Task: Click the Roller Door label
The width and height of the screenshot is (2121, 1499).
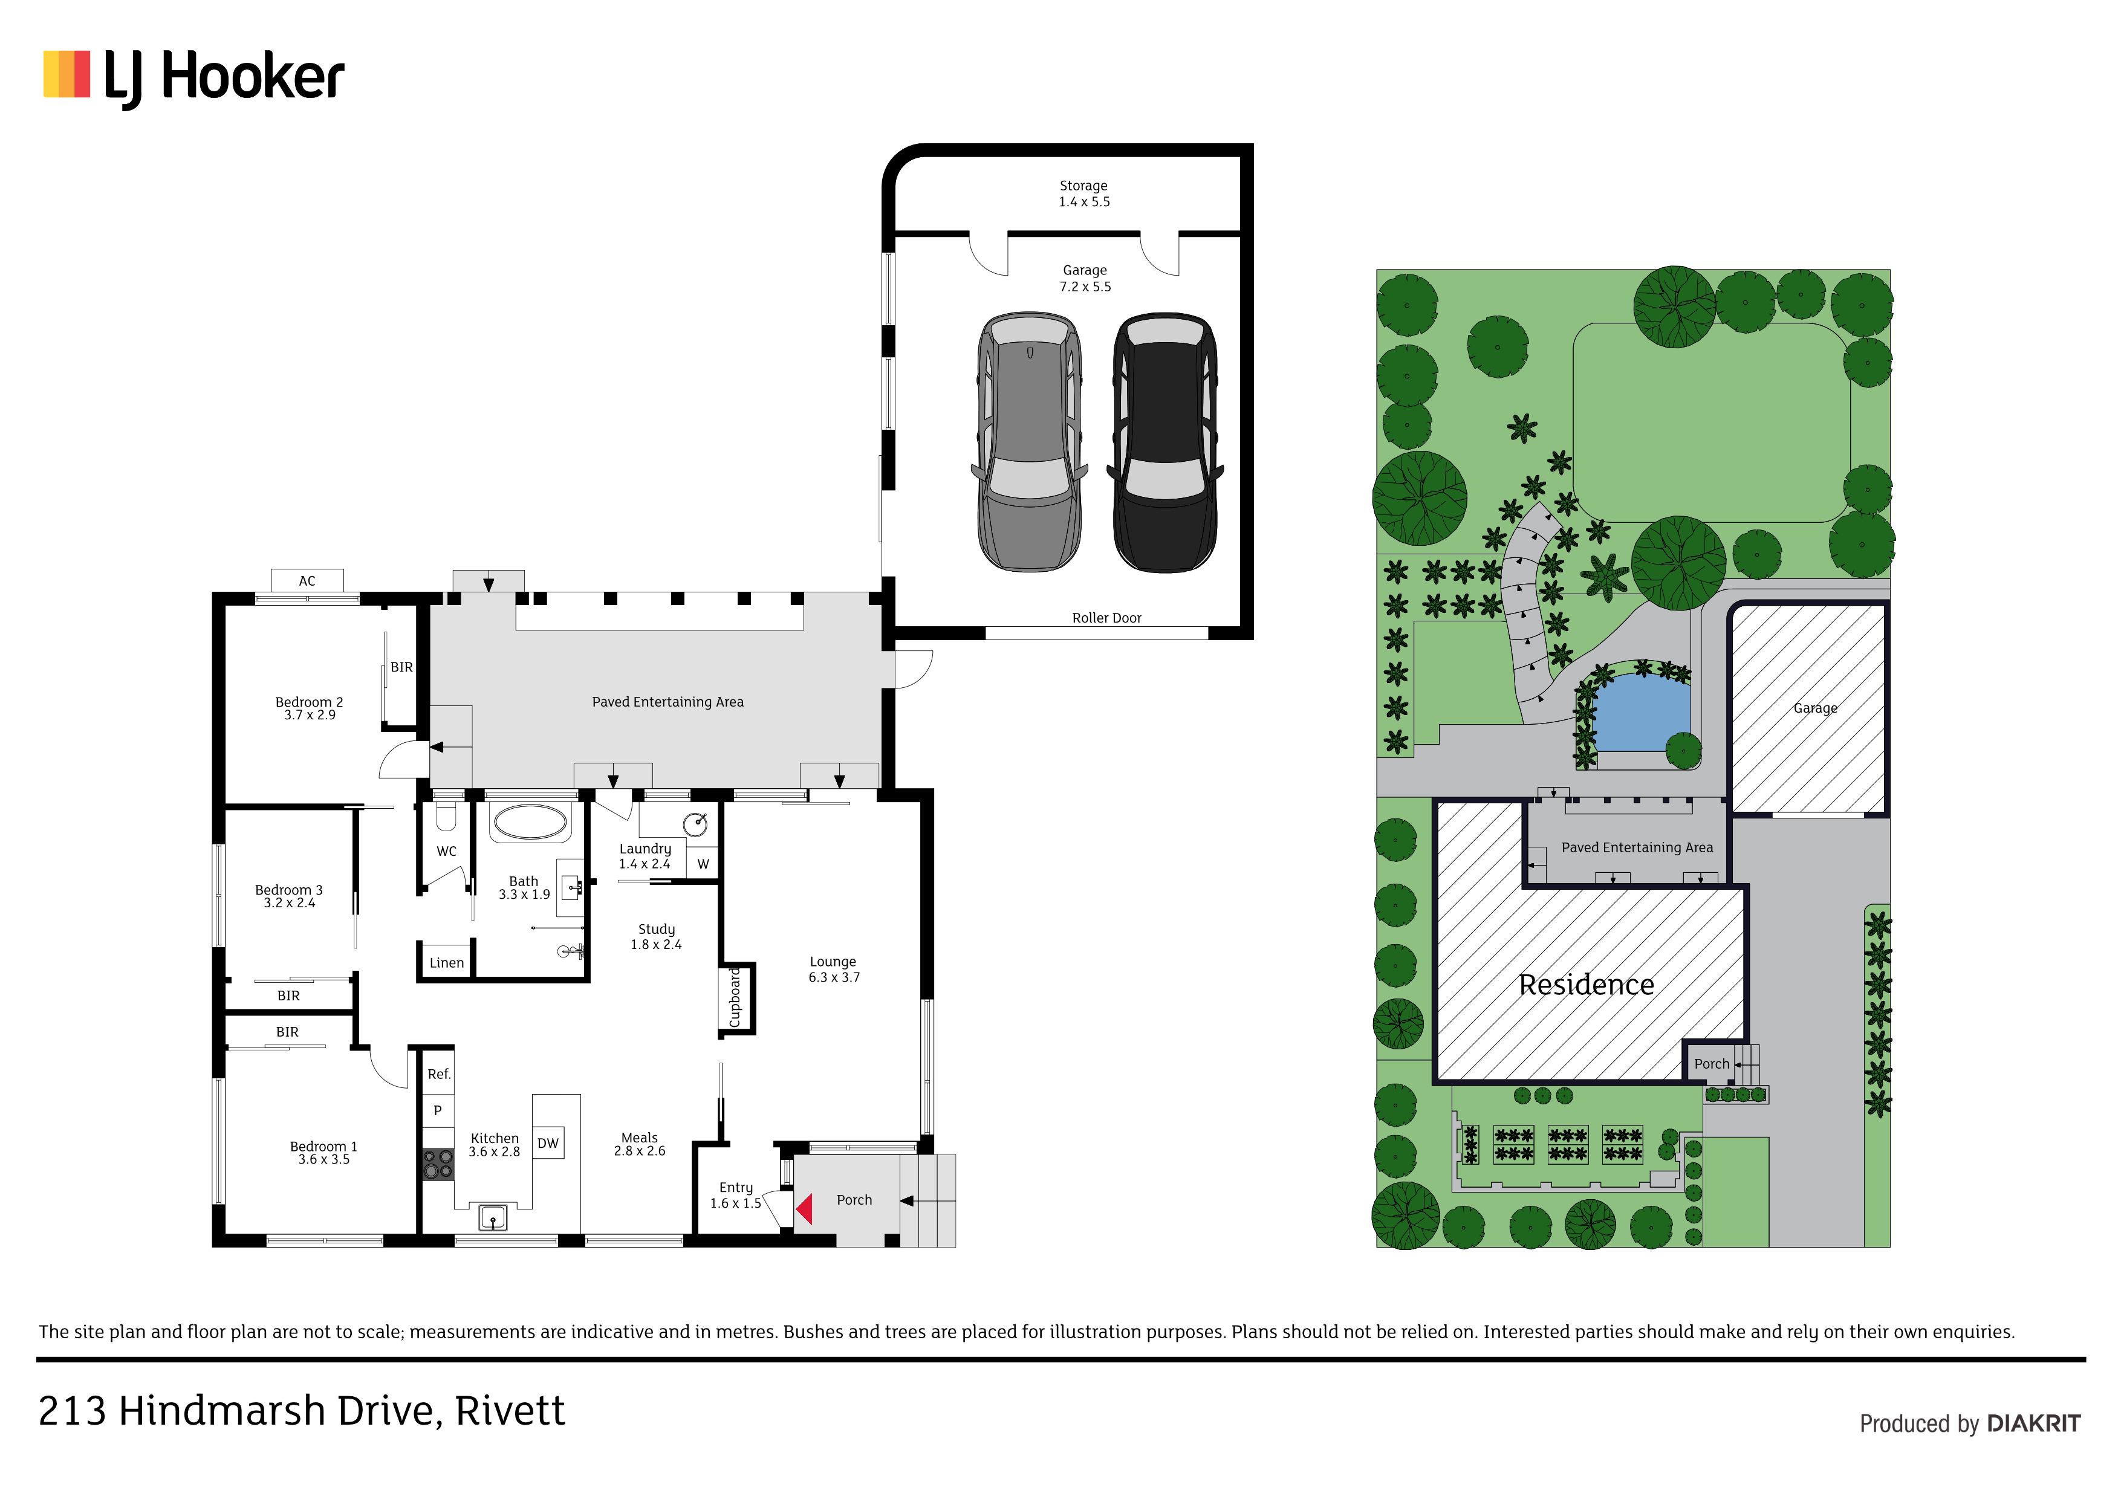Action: [x=1106, y=618]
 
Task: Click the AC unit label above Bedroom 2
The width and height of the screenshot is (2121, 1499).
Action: [x=307, y=581]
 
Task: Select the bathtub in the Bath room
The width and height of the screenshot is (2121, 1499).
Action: [x=529, y=822]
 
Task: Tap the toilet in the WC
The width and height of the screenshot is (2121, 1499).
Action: [x=446, y=817]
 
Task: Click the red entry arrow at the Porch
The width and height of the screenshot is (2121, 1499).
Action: [x=804, y=1209]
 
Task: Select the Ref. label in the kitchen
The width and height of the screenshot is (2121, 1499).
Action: [x=439, y=1074]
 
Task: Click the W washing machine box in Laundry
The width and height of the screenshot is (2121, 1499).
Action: [x=703, y=864]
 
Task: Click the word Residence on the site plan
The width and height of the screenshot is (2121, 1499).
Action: [x=1586, y=985]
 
